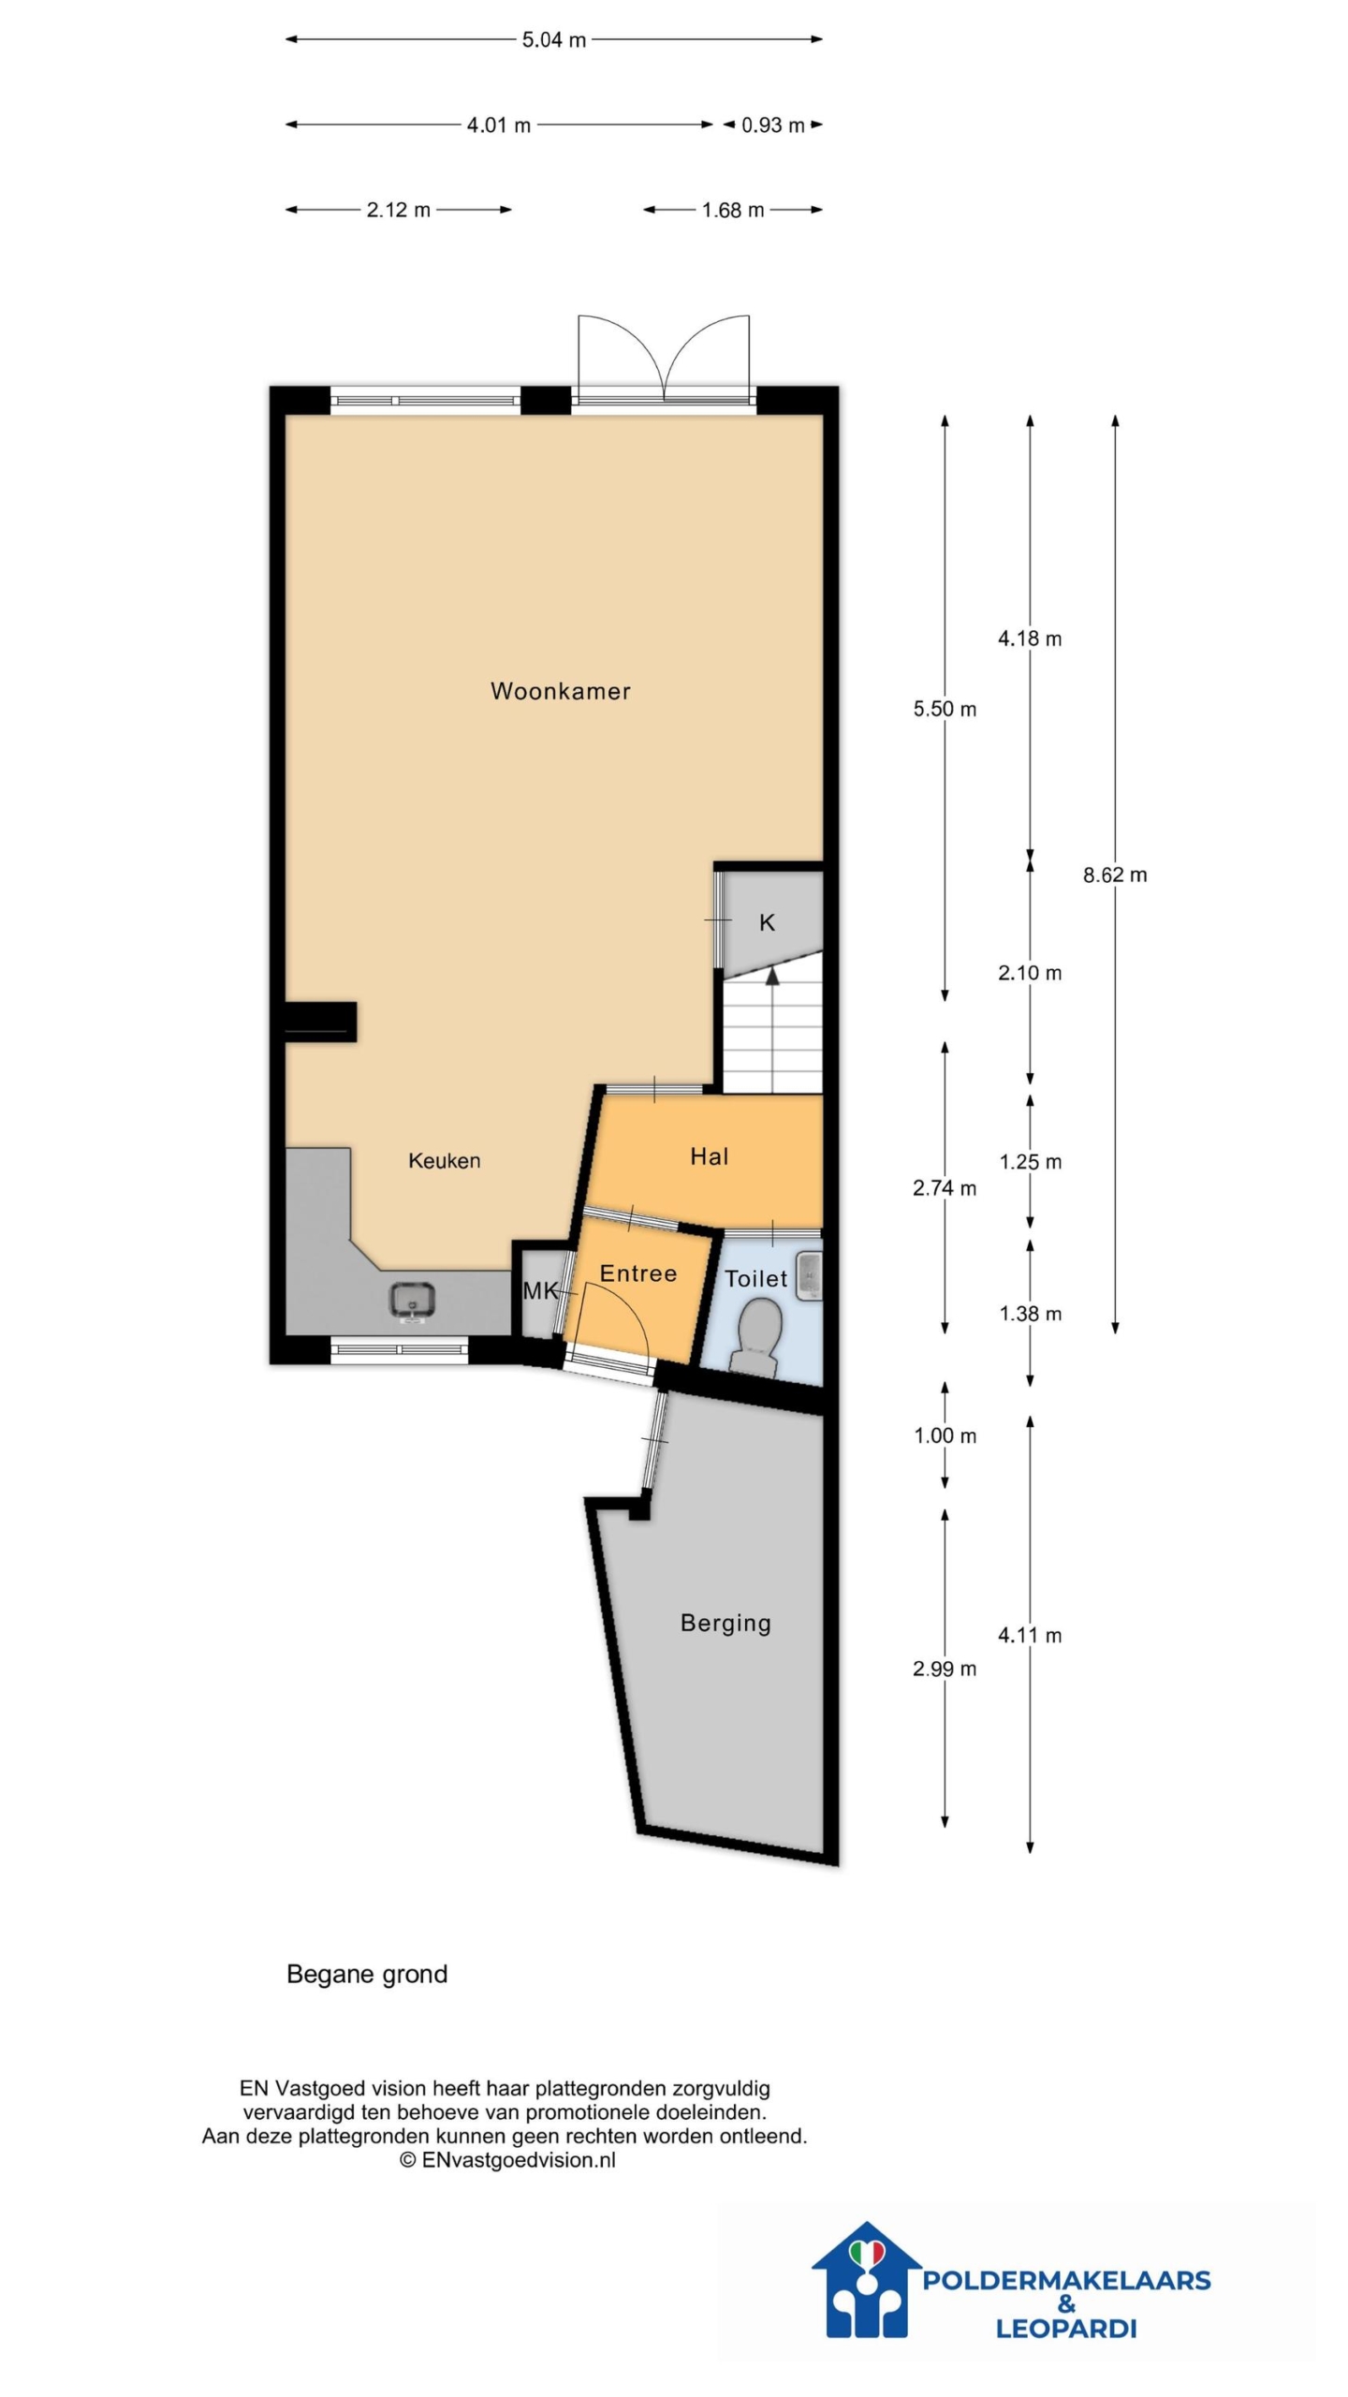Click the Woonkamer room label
[560, 691]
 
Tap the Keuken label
[445, 1161]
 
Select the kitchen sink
[413, 1301]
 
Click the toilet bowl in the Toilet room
[759, 1340]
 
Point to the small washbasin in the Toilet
[810, 1276]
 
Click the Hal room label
[709, 1157]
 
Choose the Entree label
[637, 1273]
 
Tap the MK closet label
[540, 1292]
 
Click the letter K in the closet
[767, 923]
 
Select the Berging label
[725, 1623]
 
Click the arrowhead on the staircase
[772, 976]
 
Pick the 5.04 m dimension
[554, 40]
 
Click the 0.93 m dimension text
[773, 125]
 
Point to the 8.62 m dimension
[1115, 875]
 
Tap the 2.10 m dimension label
[1030, 973]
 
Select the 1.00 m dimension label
[945, 1435]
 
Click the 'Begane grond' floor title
[367, 1975]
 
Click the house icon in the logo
[867, 2278]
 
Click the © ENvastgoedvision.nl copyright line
[507, 2160]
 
